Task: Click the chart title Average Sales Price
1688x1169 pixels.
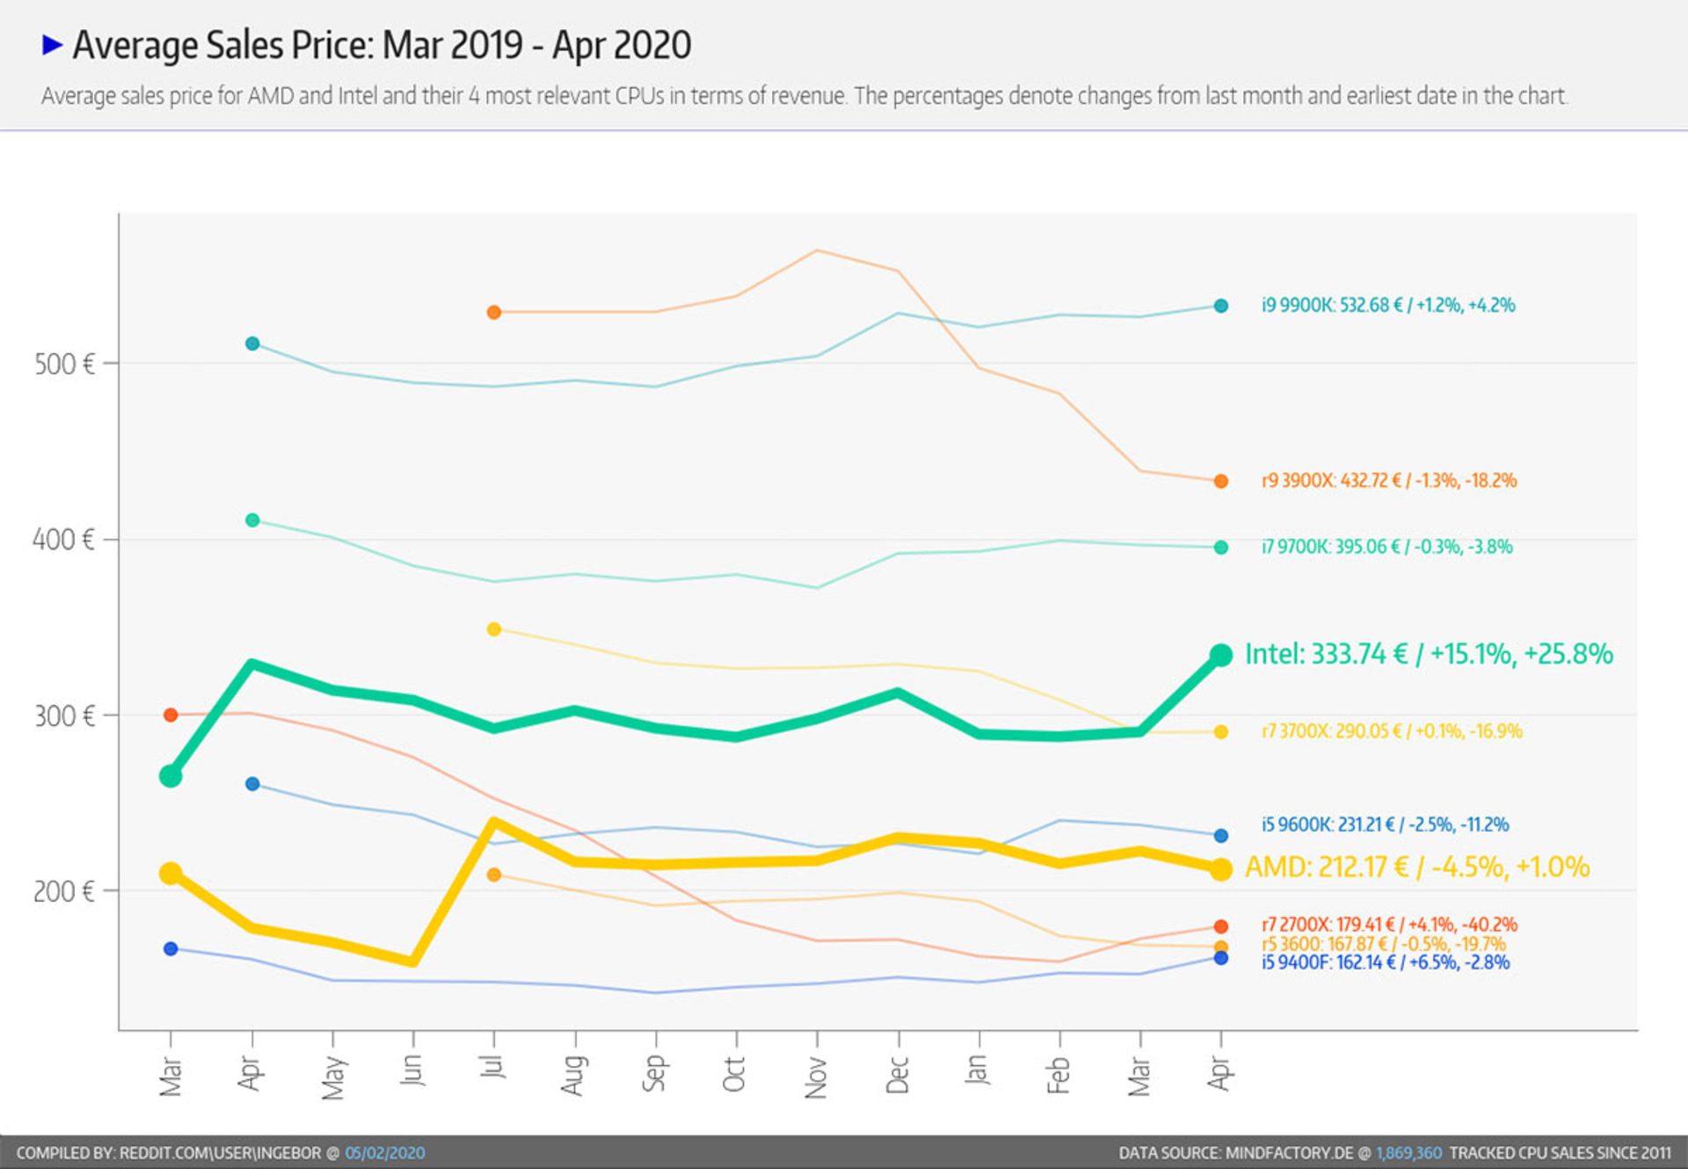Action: tap(382, 46)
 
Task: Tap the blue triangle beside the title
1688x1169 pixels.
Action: tap(53, 45)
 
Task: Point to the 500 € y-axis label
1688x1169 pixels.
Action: tap(64, 364)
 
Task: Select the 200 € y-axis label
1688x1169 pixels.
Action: tap(63, 891)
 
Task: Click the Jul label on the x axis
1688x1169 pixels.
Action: tap(494, 1068)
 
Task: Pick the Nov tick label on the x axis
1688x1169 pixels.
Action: tap(817, 1077)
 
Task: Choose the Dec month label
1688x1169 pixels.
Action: tap(898, 1075)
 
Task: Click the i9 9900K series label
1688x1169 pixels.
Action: tap(1388, 306)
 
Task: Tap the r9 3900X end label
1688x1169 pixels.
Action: tap(1389, 481)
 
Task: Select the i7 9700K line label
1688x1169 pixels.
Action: tap(1386, 547)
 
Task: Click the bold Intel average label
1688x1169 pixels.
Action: tap(1429, 654)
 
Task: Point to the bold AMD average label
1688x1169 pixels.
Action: tap(1417, 868)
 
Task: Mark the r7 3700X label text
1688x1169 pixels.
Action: tap(1392, 731)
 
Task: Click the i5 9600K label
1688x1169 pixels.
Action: tap(1385, 824)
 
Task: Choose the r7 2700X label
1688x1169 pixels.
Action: tap(1389, 925)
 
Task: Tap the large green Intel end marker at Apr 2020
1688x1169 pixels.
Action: tap(1220, 655)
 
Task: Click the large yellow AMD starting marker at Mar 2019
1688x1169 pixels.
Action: tap(171, 873)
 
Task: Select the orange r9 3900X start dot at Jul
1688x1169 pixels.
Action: tap(494, 312)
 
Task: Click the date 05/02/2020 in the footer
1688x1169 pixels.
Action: tap(385, 1153)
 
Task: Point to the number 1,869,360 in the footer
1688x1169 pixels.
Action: tap(1408, 1153)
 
